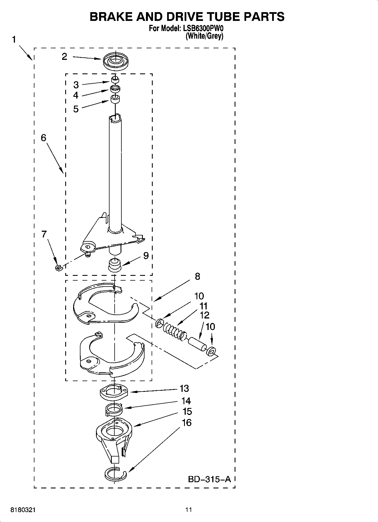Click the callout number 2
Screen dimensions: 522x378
point(64,57)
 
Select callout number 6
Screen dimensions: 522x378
point(43,138)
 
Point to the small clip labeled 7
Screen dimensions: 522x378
point(58,267)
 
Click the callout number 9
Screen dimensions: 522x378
point(146,256)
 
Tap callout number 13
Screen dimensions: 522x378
point(184,388)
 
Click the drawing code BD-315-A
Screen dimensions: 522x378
point(209,479)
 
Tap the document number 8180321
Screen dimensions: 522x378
point(23,510)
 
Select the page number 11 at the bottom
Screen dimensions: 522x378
point(189,510)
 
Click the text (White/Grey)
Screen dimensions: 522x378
point(204,36)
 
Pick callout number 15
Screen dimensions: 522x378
point(187,412)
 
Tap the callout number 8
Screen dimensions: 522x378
point(197,276)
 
